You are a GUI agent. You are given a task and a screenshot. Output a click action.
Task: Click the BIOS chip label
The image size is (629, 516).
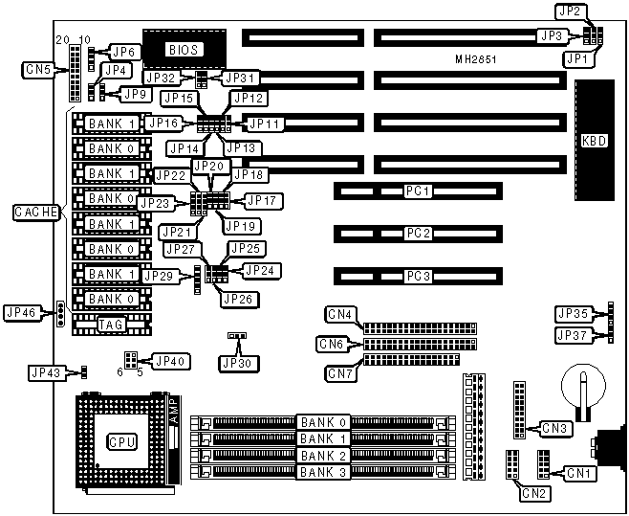pos(182,48)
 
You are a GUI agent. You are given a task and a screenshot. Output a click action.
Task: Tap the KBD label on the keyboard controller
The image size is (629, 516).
pos(593,140)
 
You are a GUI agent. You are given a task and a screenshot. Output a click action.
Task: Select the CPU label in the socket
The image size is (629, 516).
pos(121,441)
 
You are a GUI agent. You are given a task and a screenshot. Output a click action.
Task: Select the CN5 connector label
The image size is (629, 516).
pos(38,69)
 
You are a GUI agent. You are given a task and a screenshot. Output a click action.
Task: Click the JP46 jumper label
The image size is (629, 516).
pos(21,312)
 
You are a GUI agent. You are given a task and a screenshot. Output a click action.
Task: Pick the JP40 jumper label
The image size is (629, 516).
pos(172,361)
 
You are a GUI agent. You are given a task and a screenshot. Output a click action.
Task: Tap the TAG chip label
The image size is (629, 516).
pos(111,325)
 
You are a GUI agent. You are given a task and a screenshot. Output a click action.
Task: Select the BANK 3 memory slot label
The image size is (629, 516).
pos(323,472)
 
